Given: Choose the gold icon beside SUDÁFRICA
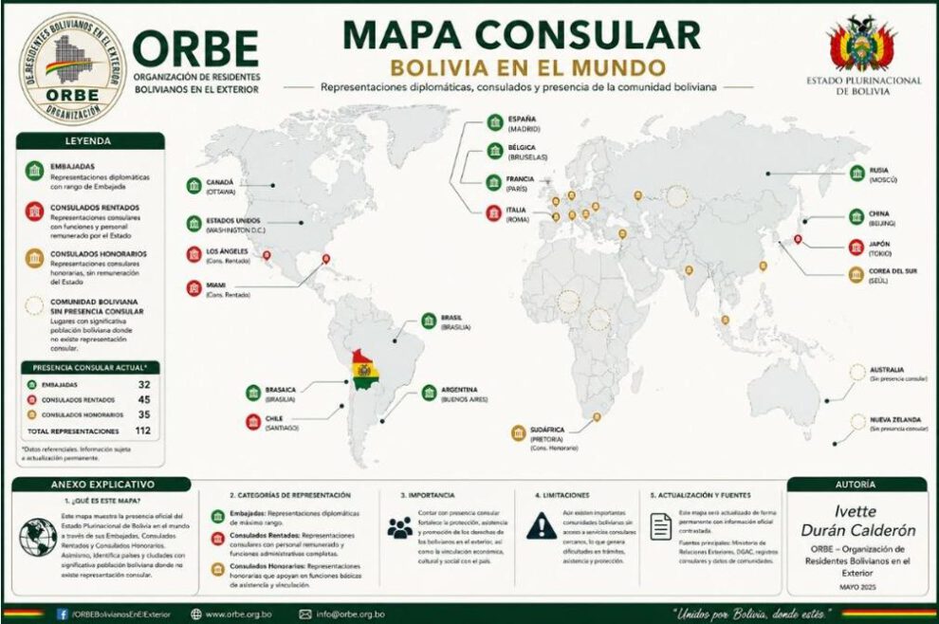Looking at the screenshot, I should [x=518, y=433].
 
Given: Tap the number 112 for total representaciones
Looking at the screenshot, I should [x=143, y=431].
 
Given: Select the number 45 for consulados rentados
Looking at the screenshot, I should [x=145, y=399].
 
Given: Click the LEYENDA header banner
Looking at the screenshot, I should [x=90, y=140].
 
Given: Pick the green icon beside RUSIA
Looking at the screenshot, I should [x=856, y=174].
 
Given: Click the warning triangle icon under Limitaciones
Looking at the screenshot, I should [x=542, y=525].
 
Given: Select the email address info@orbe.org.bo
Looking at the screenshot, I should [x=351, y=614].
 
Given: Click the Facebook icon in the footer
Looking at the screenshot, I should [x=63, y=614].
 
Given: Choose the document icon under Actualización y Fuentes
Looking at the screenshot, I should [x=661, y=526].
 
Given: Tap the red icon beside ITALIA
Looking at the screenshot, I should [x=493, y=213].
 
